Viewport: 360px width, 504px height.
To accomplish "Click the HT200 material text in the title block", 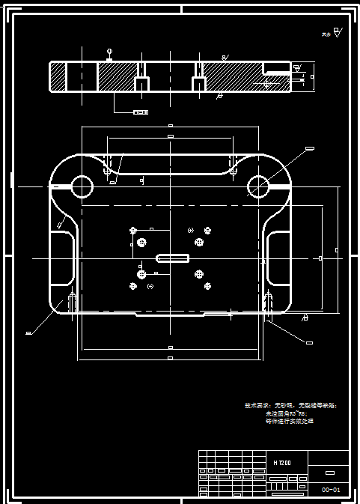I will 282,462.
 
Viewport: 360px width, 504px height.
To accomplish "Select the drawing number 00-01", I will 331,489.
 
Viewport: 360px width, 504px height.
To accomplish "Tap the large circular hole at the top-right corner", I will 258,185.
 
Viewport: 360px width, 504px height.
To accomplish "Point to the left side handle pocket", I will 62,258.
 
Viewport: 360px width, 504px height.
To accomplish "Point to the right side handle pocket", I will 278,258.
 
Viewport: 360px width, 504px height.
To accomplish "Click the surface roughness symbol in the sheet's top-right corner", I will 337,33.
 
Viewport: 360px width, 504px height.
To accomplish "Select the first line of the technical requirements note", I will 291,405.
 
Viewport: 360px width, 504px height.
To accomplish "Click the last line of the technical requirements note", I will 290,422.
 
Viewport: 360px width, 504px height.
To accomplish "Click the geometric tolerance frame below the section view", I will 140,112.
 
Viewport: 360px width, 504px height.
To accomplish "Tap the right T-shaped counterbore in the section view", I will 198,80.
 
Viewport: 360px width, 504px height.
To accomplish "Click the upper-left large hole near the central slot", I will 141,243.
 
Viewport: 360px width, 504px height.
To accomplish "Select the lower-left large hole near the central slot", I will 141,275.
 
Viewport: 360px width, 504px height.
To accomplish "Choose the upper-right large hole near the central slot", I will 199,243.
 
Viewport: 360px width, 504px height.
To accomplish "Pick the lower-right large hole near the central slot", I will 199,275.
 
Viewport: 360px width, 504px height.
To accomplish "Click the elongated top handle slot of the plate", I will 171,166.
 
